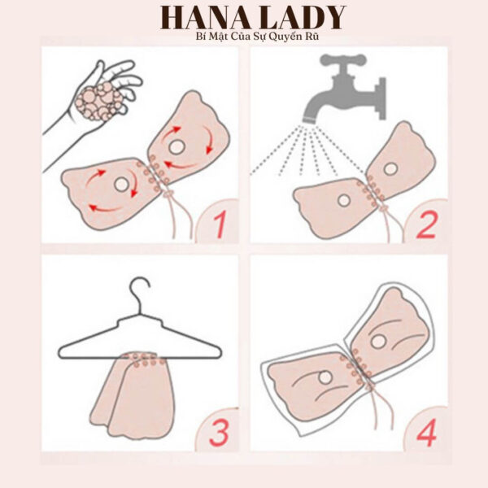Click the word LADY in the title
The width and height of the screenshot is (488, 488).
300,17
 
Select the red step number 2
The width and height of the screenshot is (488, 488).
426,224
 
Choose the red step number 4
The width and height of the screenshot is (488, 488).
425,430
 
